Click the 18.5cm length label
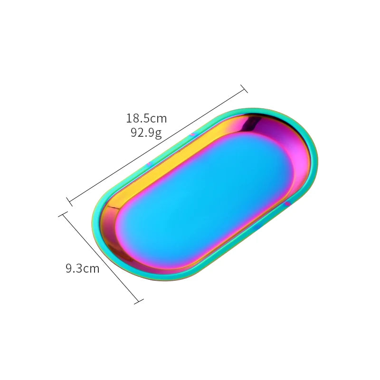tap(146, 118)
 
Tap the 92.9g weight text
tap(146, 133)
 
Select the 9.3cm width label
tap(83, 269)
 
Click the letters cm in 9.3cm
tap(91, 269)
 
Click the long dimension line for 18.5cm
tap(157, 145)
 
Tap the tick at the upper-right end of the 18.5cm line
tap(244, 89)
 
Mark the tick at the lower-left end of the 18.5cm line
tap(70, 201)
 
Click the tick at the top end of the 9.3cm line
tap(62, 215)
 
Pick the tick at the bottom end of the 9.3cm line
tap(138, 301)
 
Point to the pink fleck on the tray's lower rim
tap(288, 204)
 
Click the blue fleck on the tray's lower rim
tap(256, 228)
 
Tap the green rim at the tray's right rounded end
tap(314, 157)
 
